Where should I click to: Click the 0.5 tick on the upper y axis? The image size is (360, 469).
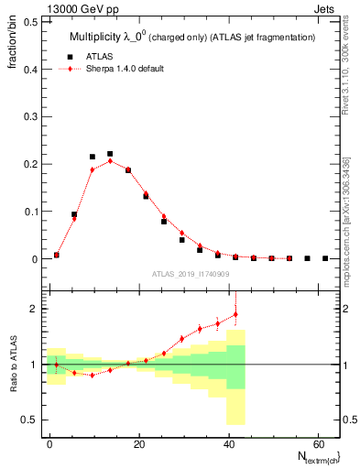(x=30, y=21)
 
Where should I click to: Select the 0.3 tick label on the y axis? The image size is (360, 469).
(x=30, y=116)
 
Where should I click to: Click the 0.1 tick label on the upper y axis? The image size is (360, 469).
(x=30, y=212)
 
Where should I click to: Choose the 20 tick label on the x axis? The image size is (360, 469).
(x=137, y=442)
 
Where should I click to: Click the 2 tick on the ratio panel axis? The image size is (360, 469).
(x=34, y=309)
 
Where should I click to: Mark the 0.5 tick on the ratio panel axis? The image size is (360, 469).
(x=30, y=420)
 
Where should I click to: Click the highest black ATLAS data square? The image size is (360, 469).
(x=110, y=154)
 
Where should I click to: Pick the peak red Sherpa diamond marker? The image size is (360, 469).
(x=110, y=160)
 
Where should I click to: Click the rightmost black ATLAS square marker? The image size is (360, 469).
(x=325, y=258)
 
